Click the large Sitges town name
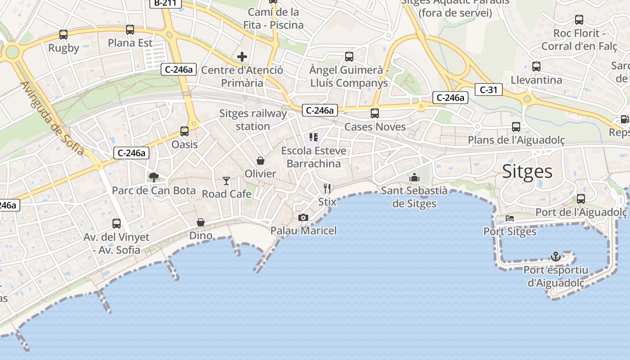(527, 171)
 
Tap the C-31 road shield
(488, 90)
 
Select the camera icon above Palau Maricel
(303, 218)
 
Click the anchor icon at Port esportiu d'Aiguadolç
(556, 256)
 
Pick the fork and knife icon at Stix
(327, 188)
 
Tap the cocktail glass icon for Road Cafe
(226, 181)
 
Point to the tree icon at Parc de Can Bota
(154, 177)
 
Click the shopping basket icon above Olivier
(260, 161)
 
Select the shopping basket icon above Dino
(201, 222)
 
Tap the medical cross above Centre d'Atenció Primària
(242, 57)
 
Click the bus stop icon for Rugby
(63, 35)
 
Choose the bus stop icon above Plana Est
(130, 30)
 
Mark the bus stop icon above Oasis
(184, 131)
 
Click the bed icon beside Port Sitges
(509, 218)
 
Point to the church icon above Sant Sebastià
(414, 178)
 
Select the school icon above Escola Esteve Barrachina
(314, 137)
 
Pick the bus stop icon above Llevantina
(536, 67)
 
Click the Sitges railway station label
(253, 120)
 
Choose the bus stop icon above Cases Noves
(375, 113)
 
